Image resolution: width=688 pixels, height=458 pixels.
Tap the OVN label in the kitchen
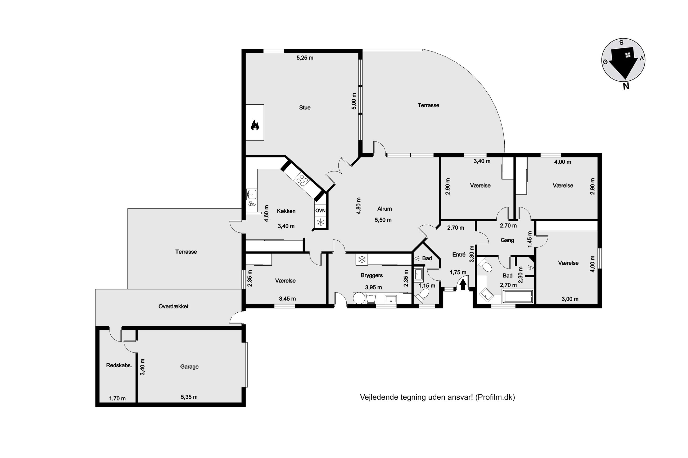coord(320,211)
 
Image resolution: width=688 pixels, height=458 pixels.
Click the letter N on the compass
coord(626,86)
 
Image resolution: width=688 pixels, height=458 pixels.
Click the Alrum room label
coord(384,209)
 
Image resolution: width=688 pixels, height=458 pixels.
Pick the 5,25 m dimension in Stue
coord(305,58)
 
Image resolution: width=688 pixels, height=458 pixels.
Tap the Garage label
coord(189,367)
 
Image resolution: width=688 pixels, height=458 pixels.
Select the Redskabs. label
coord(119,365)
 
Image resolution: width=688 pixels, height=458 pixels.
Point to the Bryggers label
coord(372,275)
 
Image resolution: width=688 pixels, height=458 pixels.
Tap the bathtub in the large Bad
coord(517,297)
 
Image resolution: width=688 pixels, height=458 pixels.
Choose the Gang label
coord(507,240)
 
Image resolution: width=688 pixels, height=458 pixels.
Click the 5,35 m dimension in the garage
coord(189,397)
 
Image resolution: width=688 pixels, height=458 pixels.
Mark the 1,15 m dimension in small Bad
coord(427,286)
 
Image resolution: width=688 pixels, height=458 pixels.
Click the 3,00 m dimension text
coord(570,299)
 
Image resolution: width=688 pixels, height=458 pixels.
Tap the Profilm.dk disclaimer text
coord(437,397)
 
